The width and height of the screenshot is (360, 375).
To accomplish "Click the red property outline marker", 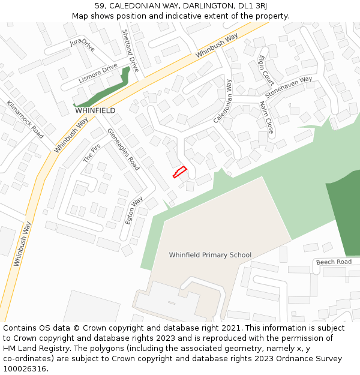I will tap(180, 172).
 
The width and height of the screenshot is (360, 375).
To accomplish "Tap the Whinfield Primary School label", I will tap(210, 255).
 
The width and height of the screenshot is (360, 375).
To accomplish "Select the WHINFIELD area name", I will tap(95, 111).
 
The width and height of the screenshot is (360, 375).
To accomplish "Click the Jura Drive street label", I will tap(82, 45).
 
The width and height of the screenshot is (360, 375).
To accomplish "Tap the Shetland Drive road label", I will tap(130, 51).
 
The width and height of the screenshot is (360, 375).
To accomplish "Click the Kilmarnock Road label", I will tap(25, 119).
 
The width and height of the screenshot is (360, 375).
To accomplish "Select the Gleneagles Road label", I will tap(123, 149).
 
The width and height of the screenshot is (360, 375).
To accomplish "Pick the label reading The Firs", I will tap(92, 154).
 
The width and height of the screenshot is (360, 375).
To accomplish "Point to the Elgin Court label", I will tap(265, 70).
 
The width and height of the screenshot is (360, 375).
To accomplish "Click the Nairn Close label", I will tap(266, 118).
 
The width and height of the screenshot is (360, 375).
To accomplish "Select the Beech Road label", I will tap(334, 262).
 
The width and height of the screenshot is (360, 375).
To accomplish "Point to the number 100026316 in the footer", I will tap(25, 369).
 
